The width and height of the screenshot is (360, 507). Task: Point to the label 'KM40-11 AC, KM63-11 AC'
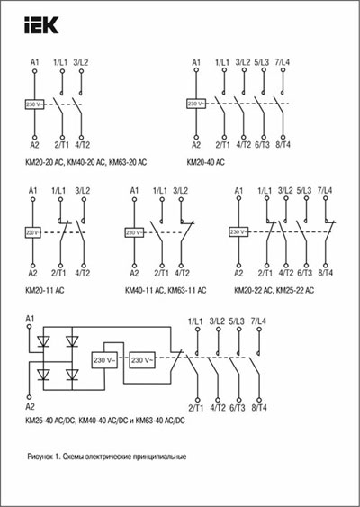(x=166, y=290)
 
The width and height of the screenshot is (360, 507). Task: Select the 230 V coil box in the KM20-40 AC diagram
(x=196, y=104)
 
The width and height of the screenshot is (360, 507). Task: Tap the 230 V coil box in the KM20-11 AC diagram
(x=32, y=232)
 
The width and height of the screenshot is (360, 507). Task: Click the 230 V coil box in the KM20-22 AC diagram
(x=238, y=232)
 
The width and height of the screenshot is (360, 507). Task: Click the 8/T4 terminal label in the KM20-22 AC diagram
(x=325, y=272)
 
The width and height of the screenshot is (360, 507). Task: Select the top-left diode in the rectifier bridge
(x=43, y=342)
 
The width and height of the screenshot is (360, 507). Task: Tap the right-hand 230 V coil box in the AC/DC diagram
(x=141, y=360)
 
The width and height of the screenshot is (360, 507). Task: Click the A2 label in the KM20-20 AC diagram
(x=34, y=144)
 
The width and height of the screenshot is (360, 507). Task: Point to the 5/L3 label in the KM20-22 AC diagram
(x=305, y=191)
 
